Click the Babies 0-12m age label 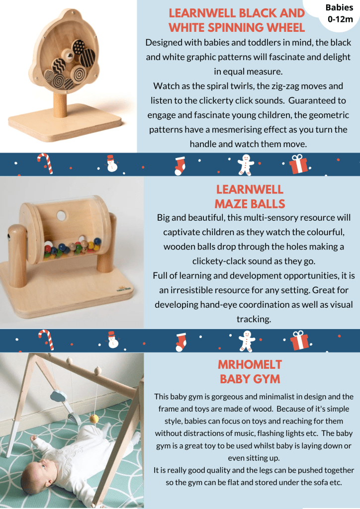[339, 13]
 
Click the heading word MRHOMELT [250, 364]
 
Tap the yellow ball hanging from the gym [94, 420]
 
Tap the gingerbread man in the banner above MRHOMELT [247, 341]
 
